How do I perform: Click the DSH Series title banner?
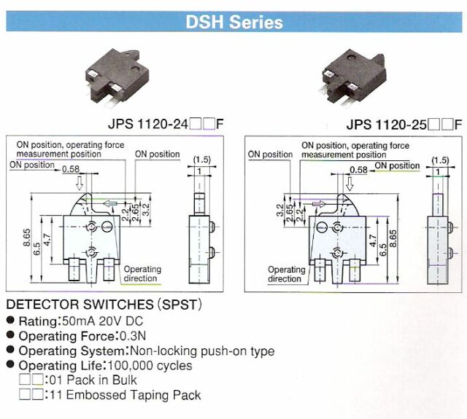coord(233,22)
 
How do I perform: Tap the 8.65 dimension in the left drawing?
coord(27,240)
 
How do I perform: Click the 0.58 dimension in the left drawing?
coord(71,169)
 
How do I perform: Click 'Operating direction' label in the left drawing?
coord(142,274)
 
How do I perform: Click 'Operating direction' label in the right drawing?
coord(285,274)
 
